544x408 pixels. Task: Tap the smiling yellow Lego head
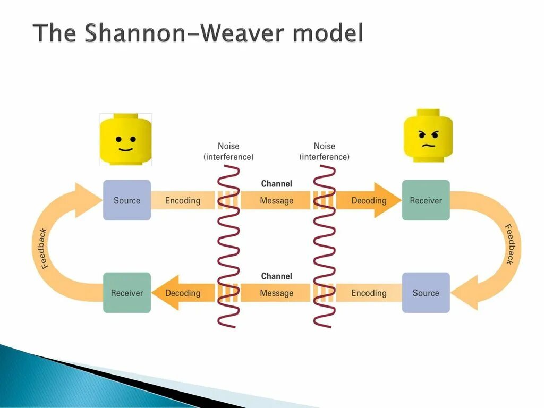(x=126, y=139)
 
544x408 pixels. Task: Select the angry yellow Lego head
(x=428, y=137)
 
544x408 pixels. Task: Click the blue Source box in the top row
(x=127, y=200)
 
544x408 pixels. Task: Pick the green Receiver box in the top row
(x=426, y=200)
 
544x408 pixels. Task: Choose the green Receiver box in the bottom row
(x=127, y=293)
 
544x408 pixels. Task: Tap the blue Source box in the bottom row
(x=426, y=293)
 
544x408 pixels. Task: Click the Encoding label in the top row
(x=183, y=200)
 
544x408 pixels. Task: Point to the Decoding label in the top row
(x=369, y=200)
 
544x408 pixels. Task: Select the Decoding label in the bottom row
(x=183, y=293)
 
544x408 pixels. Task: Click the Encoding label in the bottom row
(x=369, y=293)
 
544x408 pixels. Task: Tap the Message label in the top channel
(x=276, y=200)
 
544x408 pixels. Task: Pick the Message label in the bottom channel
(x=276, y=293)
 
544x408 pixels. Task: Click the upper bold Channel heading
(x=276, y=184)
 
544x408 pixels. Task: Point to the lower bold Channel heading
(x=276, y=276)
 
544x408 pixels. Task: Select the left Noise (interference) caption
(x=228, y=151)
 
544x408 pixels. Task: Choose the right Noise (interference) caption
(x=324, y=151)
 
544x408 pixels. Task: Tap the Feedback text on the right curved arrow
(x=509, y=244)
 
